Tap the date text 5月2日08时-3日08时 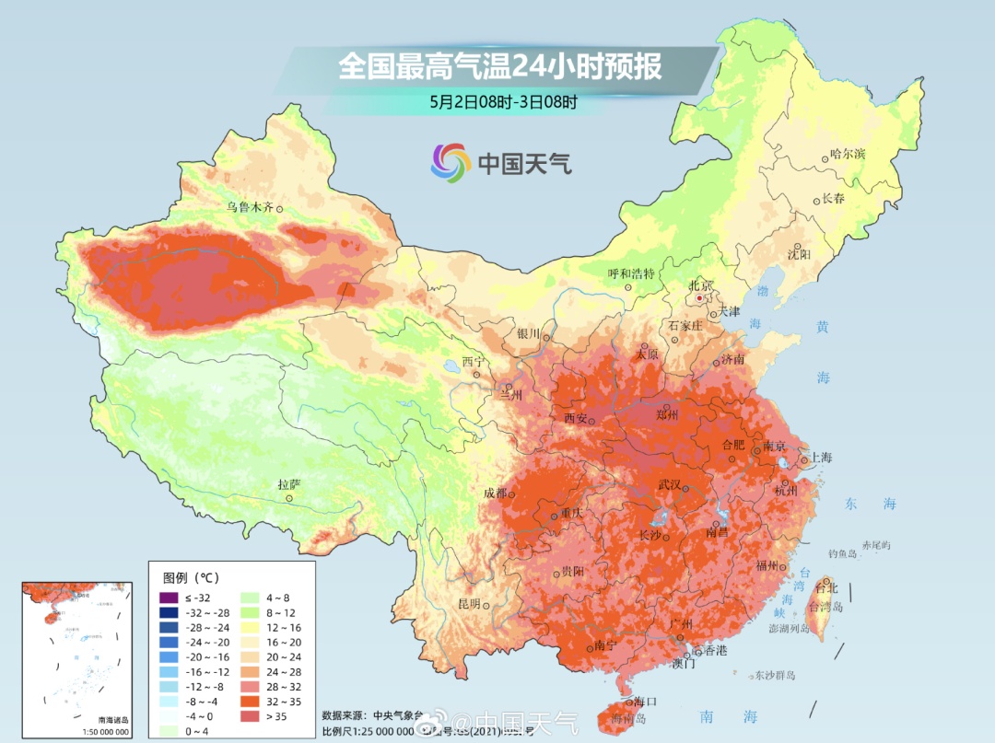pos(503,103)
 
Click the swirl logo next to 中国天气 pos(450,163)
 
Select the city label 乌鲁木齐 pos(250,207)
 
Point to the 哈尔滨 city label pos(847,154)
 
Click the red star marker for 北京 pos(700,298)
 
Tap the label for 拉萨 pos(288,483)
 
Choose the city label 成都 pos(495,493)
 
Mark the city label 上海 pos(821,458)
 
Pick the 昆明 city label pos(469,604)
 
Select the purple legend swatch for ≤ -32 pos(168,598)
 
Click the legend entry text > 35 pos(278,715)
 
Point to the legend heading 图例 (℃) pos(191,577)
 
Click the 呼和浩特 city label pos(630,273)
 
